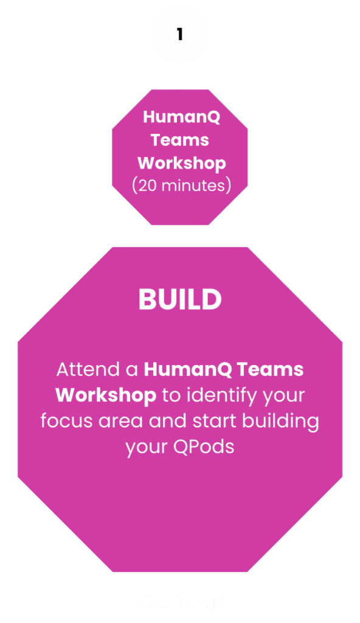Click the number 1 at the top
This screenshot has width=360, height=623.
coord(180,34)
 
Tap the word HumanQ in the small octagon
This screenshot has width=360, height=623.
coord(182,117)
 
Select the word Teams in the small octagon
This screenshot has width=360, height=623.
coord(179,140)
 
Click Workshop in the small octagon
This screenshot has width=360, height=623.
coord(182,163)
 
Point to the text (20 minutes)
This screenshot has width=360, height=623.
coord(182,186)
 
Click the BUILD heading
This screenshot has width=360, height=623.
coord(180,299)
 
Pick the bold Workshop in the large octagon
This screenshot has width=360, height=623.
coord(106,395)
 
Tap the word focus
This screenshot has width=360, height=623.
coord(66,421)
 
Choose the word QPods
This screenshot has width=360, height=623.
coord(204,447)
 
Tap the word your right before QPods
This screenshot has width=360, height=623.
coord(147,448)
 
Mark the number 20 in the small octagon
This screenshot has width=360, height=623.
coord(147,186)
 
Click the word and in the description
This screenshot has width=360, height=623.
coord(168,421)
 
